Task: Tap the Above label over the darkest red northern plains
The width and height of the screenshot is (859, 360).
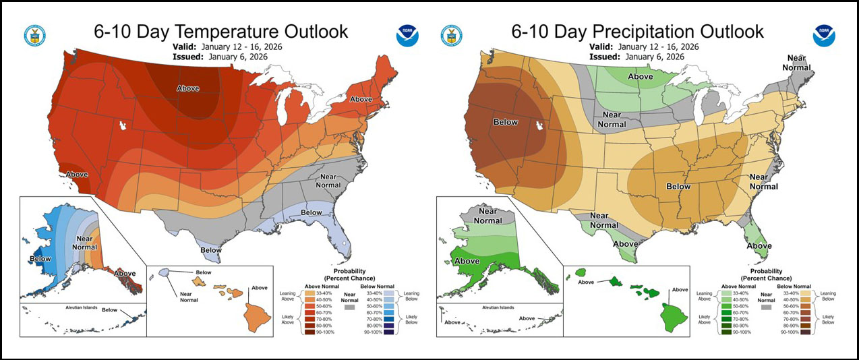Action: point(188,88)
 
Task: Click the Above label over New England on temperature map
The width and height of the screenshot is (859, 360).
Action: point(361,99)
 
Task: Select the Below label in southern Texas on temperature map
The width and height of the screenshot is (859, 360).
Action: point(210,250)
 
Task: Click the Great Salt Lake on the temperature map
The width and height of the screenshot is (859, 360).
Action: point(121,126)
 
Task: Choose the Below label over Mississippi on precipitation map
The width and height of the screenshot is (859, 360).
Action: point(678,186)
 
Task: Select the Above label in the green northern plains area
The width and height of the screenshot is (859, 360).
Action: point(640,76)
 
